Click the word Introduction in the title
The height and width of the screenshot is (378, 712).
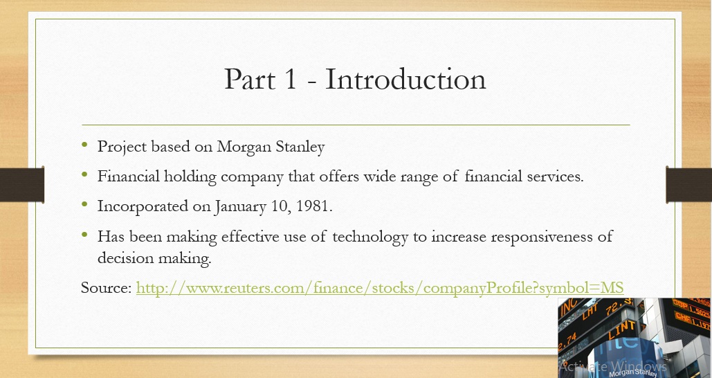point(406,79)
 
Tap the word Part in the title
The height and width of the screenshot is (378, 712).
point(250,79)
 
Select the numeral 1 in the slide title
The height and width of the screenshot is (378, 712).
point(291,79)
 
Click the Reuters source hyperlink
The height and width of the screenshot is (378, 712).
point(380,287)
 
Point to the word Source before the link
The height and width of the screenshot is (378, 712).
point(107,287)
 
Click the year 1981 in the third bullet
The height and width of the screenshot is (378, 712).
point(313,206)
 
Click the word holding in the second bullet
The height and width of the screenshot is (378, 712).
point(190,177)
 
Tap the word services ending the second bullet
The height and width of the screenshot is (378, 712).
point(555,177)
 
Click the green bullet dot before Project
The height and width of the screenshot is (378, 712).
point(84,145)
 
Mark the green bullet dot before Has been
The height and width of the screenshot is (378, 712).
point(84,235)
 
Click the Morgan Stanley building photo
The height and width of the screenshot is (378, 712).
point(635,338)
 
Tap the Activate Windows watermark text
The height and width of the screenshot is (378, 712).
point(613,366)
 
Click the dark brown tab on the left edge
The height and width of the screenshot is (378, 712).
point(22,184)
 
